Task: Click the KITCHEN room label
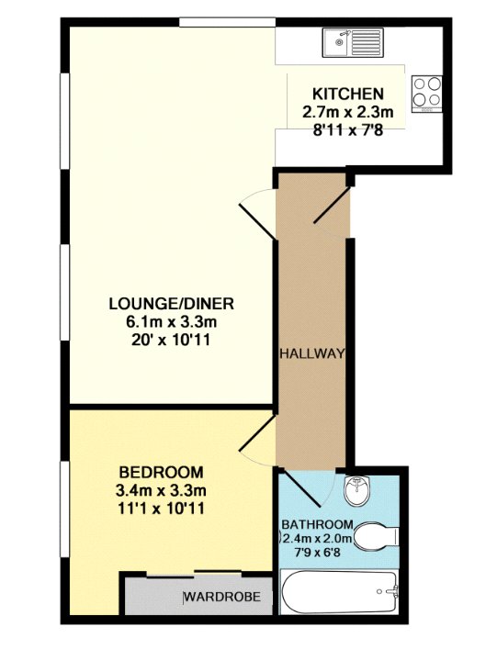point(348,94)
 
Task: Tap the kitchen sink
point(354,42)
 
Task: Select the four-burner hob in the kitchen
point(426,94)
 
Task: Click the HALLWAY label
point(312,353)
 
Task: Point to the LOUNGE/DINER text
point(172,304)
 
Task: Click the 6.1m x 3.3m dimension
point(172,321)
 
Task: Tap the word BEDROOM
point(162,472)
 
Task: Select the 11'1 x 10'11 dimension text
point(162,509)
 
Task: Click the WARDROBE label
point(223,597)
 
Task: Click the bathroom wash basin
point(356,490)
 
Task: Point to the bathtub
point(339,592)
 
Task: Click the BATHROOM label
point(317,524)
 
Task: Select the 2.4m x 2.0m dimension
point(317,539)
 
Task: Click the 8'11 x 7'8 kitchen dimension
point(348,130)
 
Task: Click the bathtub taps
point(390,591)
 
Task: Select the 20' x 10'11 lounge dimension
point(172,340)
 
